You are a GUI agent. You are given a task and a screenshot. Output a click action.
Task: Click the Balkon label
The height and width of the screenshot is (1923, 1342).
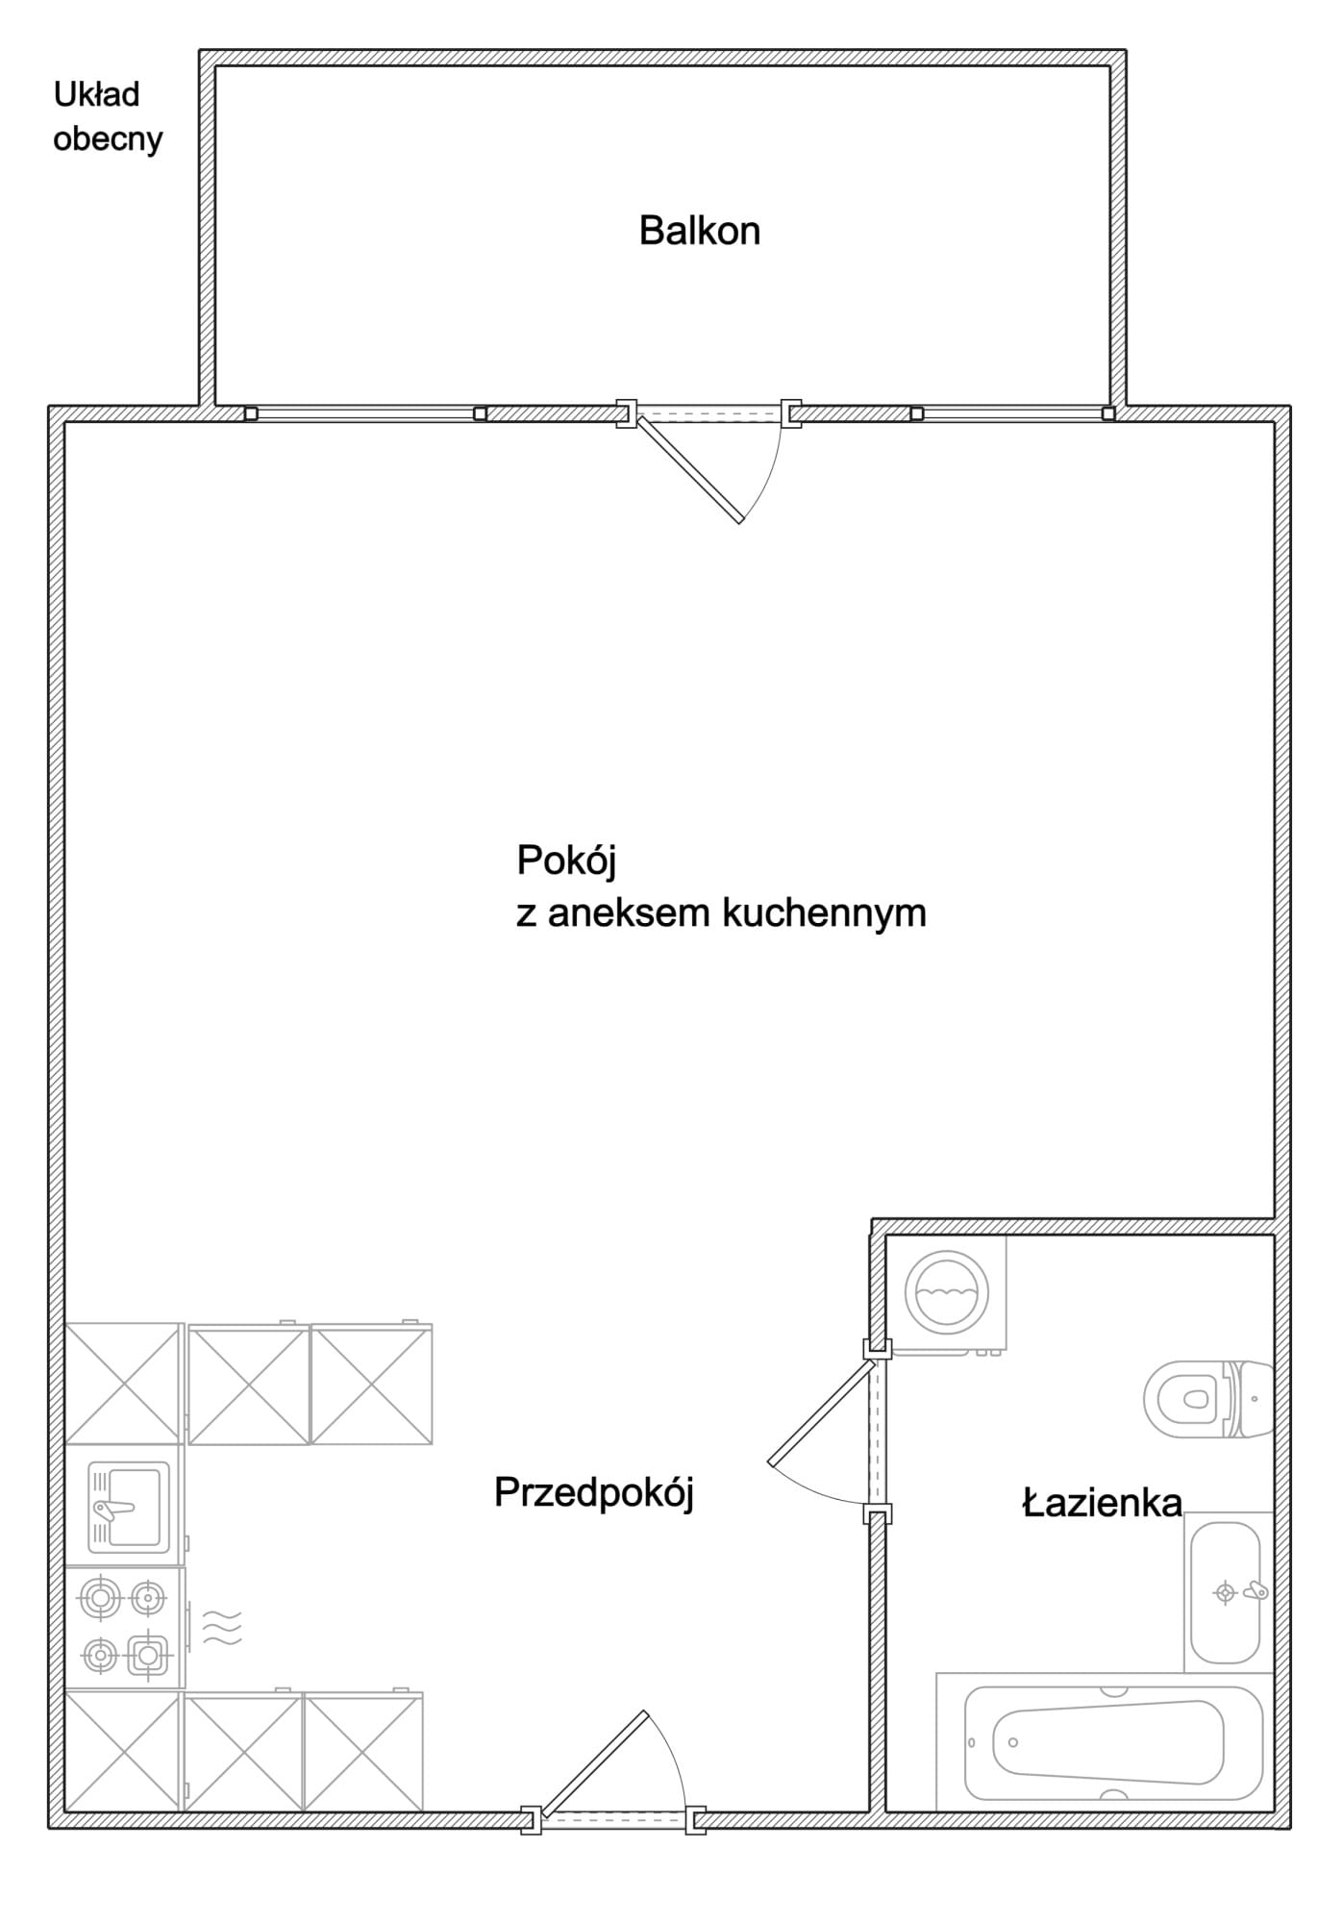(x=700, y=231)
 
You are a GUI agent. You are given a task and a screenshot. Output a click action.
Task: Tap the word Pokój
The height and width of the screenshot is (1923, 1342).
(x=566, y=861)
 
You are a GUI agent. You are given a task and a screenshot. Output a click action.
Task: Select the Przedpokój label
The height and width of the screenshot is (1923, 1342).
(x=594, y=1493)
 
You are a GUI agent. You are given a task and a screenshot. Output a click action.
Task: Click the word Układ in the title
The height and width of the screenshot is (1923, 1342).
(x=96, y=94)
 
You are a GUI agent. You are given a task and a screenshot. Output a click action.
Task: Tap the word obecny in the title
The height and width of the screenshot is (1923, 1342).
(x=108, y=139)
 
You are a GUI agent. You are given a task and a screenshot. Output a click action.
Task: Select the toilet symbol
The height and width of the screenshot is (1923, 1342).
(x=1208, y=1398)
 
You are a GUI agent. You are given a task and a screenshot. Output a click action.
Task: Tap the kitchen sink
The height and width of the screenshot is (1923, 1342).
(x=129, y=1508)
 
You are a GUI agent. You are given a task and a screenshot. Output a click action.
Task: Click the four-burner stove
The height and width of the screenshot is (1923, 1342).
(x=124, y=1627)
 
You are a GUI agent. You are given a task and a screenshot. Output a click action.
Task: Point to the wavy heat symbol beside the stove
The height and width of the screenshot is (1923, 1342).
(x=222, y=1627)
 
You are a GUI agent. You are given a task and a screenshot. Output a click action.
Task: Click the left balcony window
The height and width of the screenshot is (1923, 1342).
(x=365, y=413)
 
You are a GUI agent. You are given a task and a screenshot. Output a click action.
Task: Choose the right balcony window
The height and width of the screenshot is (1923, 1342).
(x=1012, y=413)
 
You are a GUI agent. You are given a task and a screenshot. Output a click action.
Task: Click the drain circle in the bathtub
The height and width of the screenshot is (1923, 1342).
(x=1012, y=1741)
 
